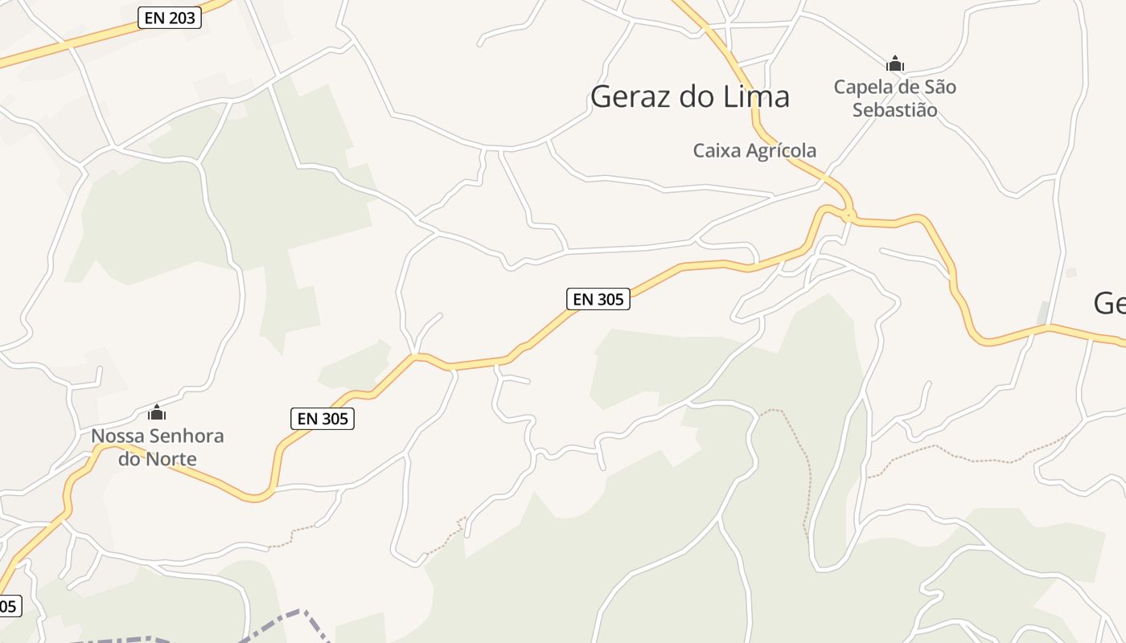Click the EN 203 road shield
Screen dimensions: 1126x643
[169, 18]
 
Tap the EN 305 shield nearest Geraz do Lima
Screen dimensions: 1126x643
[598, 299]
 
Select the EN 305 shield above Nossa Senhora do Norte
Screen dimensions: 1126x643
[322, 419]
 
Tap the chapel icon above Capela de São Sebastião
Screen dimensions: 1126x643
[894, 63]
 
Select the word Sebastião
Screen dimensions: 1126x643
[894, 109]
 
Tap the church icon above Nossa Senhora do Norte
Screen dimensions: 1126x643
[157, 413]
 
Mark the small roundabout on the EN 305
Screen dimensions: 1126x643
[848, 215]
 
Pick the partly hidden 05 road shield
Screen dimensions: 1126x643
[8, 606]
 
